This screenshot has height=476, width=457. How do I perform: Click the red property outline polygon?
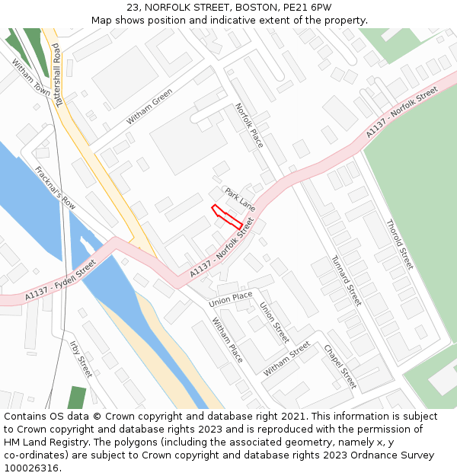pos(226,216)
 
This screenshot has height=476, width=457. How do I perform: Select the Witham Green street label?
pos(149,106)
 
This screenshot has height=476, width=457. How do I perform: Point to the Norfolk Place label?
pos(249,125)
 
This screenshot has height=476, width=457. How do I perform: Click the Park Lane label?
pos(240,199)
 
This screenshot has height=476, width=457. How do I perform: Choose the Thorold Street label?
pos(399,244)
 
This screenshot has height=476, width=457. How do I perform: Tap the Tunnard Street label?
pos(346,280)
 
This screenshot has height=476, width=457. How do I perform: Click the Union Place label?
pos(231,298)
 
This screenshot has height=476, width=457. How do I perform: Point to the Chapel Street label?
pos(340,366)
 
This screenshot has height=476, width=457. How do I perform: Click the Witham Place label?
pos(227,339)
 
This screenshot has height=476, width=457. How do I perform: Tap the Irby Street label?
pos(81,359)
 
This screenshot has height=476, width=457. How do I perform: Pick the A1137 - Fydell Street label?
pos(60,280)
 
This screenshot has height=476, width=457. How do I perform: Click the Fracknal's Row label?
pos(56,187)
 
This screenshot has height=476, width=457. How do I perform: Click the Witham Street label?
pos(286,359)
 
